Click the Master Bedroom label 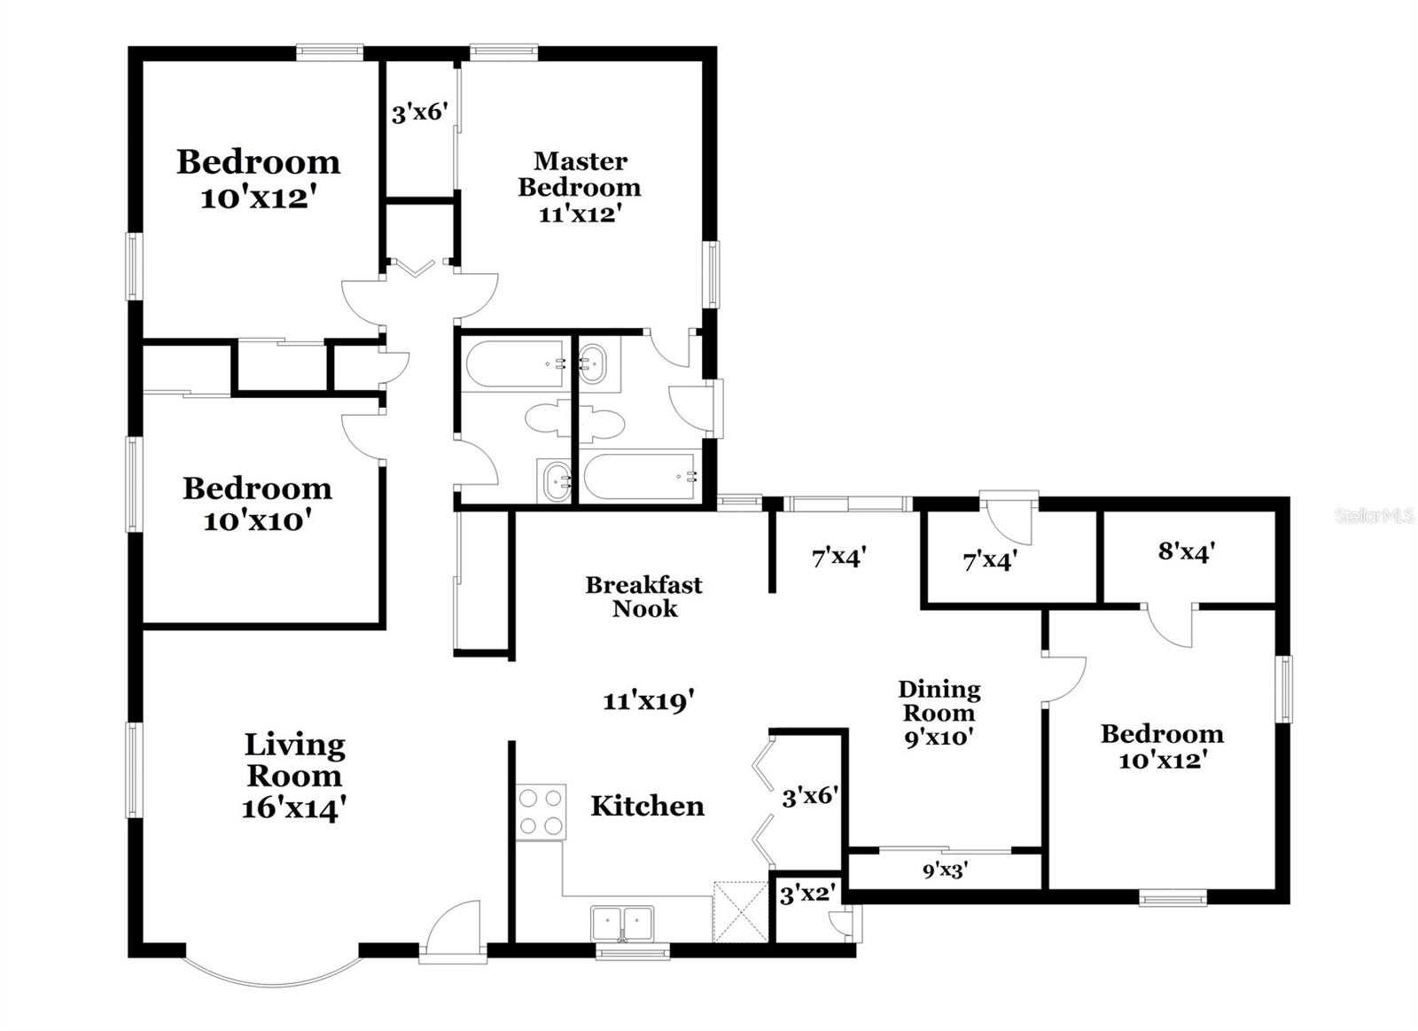point(580,187)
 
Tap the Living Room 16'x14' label point(294,777)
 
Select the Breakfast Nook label point(644,597)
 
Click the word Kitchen point(647,806)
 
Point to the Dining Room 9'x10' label point(939,713)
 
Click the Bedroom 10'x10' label point(257,504)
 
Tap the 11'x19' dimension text point(648,701)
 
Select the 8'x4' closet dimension point(1186,552)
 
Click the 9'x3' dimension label point(945,871)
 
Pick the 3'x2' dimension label point(806,894)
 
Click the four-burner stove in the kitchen point(541,812)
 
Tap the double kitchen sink point(623,923)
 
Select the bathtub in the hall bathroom point(515,363)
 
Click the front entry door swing point(455,931)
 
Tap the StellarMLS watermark point(1375,515)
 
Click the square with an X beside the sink point(740,910)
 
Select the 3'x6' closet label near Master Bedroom point(419,113)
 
